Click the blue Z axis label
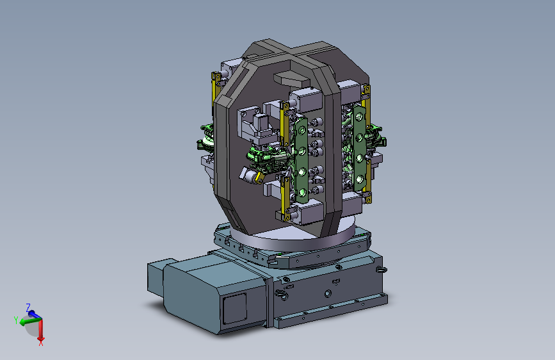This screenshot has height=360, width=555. pos(28,307)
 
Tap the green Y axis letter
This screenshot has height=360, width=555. pos(16,320)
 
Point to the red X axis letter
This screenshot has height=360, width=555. pos(41,342)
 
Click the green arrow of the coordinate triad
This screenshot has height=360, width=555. pos(29,321)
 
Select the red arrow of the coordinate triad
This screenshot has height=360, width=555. pos(41,329)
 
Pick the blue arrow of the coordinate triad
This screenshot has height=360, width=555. pos(34,314)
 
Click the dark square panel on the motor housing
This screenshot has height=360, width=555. pos(234,308)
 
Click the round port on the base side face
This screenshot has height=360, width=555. pos(328,293)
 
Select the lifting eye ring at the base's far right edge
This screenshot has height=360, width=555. pos(382,270)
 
